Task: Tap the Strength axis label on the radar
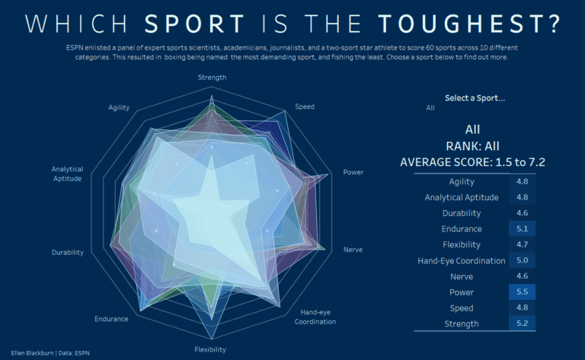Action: pyautogui.click(x=211, y=78)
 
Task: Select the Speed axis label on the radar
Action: pyautogui.click(x=305, y=107)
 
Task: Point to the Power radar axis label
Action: pyautogui.click(x=353, y=172)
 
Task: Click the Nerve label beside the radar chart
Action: pyautogui.click(x=353, y=250)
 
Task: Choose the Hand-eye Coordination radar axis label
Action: pyautogui.click(x=316, y=317)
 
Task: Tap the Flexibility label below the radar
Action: pyautogui.click(x=209, y=349)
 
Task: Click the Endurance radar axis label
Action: pyautogui.click(x=111, y=319)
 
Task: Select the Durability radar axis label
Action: pyautogui.click(x=68, y=252)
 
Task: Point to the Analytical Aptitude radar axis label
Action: pyautogui.click(x=68, y=173)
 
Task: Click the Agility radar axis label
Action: pyautogui.click(x=119, y=107)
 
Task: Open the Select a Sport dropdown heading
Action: pyautogui.click(x=475, y=98)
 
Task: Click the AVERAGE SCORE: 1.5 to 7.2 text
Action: pyautogui.click(x=472, y=162)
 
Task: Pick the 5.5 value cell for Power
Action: pyautogui.click(x=523, y=292)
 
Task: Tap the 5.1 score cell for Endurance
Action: pyautogui.click(x=523, y=229)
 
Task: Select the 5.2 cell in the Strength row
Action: pyautogui.click(x=523, y=324)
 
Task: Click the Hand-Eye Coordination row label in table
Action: pyautogui.click(x=462, y=261)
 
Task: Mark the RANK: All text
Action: pyautogui.click(x=472, y=146)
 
